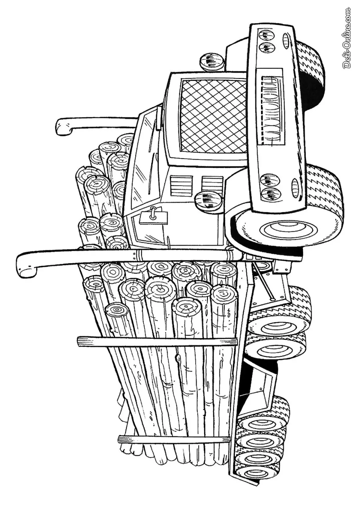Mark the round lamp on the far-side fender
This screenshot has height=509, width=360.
211,61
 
